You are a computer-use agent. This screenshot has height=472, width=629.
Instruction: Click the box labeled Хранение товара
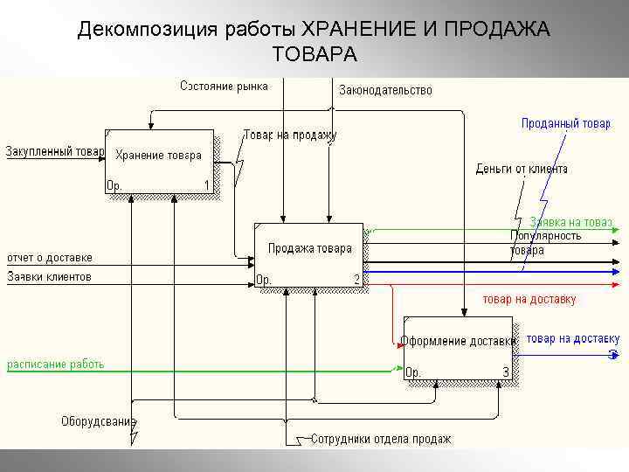(159, 162)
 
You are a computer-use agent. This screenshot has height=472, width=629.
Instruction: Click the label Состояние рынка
(224, 86)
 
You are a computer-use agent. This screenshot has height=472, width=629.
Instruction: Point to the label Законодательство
(384, 90)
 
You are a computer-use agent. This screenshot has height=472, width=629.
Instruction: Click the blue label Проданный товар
(565, 123)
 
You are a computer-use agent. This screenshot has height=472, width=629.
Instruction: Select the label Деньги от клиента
(522, 169)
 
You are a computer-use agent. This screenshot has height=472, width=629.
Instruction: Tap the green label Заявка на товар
(571, 222)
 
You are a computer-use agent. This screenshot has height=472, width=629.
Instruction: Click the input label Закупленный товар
(55, 151)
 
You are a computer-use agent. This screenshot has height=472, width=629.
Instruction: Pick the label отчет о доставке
(50, 258)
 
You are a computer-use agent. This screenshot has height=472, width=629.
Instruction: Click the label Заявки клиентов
(49, 277)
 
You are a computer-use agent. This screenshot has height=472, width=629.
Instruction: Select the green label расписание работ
(56, 364)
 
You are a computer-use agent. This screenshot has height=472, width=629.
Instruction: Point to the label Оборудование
(99, 421)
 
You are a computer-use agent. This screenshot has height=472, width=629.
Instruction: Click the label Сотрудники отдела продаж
(381, 439)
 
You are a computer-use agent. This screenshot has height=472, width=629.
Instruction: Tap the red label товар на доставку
(530, 299)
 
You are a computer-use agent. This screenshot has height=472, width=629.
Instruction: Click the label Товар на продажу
(289, 135)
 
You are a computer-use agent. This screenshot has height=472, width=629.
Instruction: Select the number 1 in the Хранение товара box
(207, 185)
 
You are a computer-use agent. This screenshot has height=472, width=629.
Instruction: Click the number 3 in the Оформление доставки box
(505, 372)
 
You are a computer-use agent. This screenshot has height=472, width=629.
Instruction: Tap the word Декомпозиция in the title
(145, 30)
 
